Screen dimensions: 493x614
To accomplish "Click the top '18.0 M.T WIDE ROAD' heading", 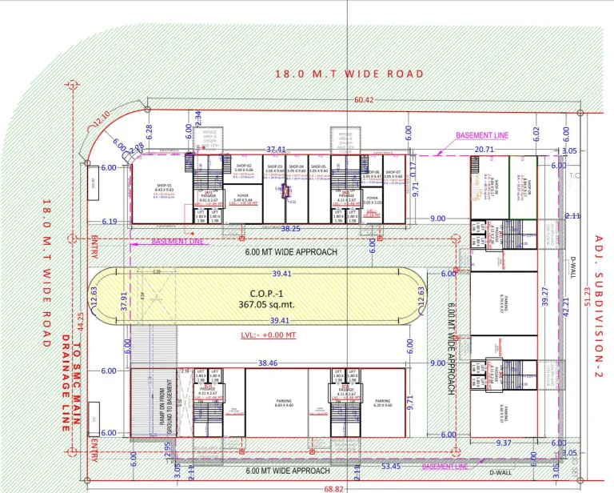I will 349,74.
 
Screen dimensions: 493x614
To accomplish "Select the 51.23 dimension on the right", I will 588,295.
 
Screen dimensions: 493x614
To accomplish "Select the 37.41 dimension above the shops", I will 276,149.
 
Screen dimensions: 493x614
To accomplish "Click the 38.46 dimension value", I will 268,363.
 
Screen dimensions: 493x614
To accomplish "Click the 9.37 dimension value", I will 504,443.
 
